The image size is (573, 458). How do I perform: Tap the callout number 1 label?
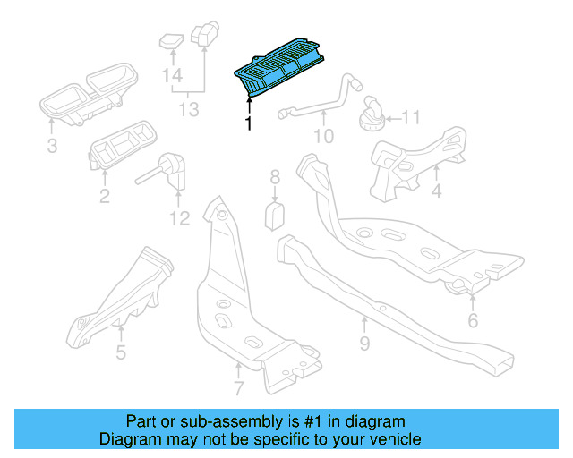[248, 123]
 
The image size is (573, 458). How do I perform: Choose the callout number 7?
[238, 389]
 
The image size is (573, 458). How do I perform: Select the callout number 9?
[364, 343]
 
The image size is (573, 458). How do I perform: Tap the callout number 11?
[410, 117]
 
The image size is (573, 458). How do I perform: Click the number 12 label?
[179, 217]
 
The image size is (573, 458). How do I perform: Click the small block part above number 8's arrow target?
[276, 215]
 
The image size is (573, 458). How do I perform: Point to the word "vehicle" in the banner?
[392, 439]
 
